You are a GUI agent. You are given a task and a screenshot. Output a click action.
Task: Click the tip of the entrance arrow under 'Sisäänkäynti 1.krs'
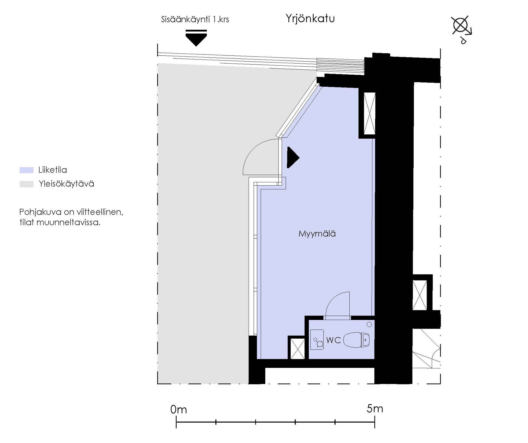tap(196, 46)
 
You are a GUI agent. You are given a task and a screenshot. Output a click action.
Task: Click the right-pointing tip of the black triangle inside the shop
tap(299, 158)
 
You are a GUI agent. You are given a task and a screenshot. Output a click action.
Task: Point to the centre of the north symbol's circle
tap(460, 26)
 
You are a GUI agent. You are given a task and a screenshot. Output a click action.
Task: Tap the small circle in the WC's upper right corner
tap(369, 325)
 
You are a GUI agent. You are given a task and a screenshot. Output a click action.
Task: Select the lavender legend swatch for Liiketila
tap(26, 170)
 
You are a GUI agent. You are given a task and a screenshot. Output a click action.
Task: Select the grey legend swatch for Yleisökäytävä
tap(26, 184)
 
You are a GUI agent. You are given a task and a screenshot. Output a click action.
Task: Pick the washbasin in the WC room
tap(317, 340)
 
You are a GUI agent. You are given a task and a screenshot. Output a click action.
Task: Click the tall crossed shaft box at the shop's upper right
tap(369, 113)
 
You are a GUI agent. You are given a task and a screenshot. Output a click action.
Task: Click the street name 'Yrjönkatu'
tap(310, 19)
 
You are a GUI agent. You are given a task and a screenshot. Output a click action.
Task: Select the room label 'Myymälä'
tap(317, 234)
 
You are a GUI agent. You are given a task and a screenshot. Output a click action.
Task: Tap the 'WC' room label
tap(333, 340)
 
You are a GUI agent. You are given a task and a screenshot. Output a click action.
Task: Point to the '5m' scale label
tap(375, 409)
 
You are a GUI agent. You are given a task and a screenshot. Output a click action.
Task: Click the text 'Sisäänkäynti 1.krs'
tap(195, 19)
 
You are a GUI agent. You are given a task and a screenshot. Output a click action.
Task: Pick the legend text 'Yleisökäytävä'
tap(66, 184)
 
